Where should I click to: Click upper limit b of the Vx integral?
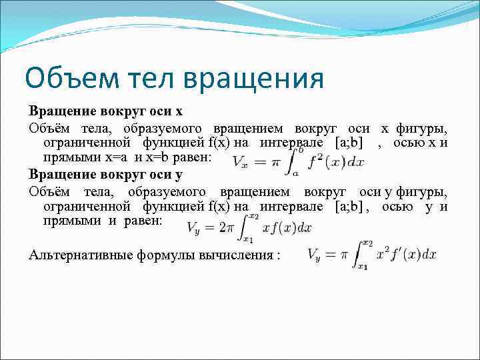pyautogui.click(x=301, y=150)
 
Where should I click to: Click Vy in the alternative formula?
pyautogui.click(x=317, y=255)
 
